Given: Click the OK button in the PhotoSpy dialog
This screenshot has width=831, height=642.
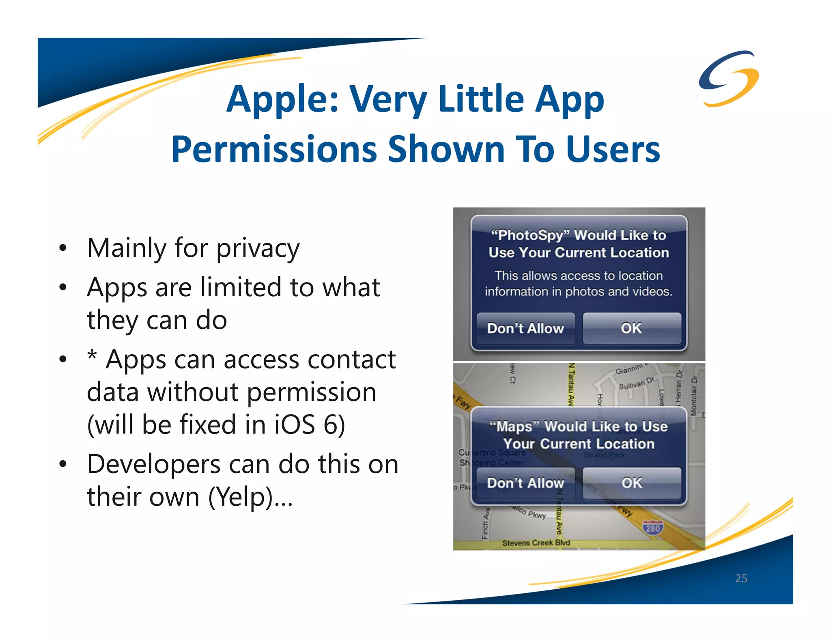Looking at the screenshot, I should pyautogui.click(x=631, y=328).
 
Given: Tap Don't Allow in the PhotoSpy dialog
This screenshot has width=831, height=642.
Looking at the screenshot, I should pyautogui.click(x=525, y=328).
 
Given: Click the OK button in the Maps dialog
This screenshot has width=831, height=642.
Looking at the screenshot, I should pyautogui.click(x=632, y=483).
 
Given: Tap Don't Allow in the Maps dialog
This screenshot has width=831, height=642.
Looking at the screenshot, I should pyautogui.click(x=525, y=483).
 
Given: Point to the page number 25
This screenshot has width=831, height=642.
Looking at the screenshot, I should pyautogui.click(x=741, y=578).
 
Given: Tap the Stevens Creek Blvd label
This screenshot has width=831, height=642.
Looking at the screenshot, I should pyautogui.click(x=536, y=543).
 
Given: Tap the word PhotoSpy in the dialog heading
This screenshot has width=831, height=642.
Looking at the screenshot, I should pyautogui.click(x=527, y=235).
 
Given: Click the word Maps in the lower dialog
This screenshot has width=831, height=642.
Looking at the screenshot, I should pyautogui.click(x=515, y=427).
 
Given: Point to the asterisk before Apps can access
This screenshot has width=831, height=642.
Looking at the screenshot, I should pyautogui.click(x=93, y=356).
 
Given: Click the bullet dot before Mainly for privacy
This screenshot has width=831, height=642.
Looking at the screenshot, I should pyautogui.click(x=62, y=248).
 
